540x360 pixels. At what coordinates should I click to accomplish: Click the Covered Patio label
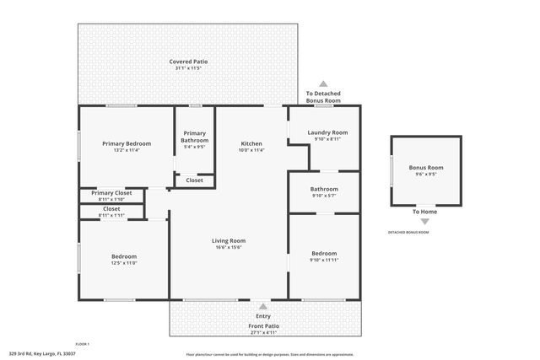[x=188, y=62]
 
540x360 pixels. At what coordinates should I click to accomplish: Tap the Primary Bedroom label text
[x=127, y=143]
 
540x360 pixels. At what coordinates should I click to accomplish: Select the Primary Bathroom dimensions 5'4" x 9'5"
[x=194, y=148]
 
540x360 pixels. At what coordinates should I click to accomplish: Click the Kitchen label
[x=252, y=143]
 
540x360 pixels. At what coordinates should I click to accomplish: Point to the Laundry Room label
[x=326, y=132]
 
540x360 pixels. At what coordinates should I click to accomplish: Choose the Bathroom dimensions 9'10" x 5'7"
[x=324, y=196]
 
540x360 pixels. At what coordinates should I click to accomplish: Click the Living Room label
[x=228, y=240]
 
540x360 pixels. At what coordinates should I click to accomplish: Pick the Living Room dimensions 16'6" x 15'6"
[x=228, y=247]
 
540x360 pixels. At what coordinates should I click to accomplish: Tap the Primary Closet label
[x=111, y=192]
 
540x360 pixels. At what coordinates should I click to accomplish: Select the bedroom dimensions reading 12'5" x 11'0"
[x=124, y=263]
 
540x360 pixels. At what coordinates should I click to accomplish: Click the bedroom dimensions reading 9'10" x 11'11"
[x=324, y=260]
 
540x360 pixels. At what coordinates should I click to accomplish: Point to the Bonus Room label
[x=426, y=168]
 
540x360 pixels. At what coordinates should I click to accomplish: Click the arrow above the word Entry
[x=263, y=307]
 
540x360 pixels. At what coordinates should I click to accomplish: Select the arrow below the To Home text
[x=424, y=222]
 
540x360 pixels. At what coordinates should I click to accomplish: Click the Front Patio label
[x=263, y=325]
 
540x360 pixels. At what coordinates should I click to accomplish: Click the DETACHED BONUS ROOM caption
[x=408, y=232]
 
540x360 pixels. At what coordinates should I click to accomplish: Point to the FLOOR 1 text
[x=82, y=344]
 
